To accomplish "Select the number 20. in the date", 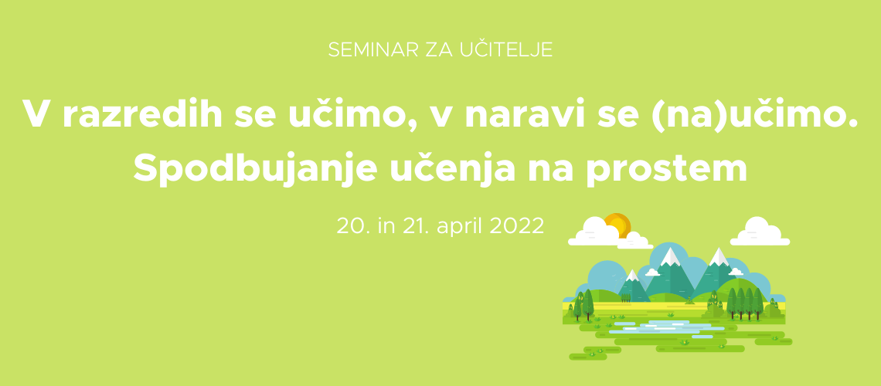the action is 349,225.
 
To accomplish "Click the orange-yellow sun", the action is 617,226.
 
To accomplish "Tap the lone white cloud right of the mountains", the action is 760,232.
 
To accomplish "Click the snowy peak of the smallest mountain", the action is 632,275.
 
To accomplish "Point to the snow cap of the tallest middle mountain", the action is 670,256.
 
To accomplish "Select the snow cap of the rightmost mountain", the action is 719,256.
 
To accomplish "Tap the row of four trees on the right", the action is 745,303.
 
